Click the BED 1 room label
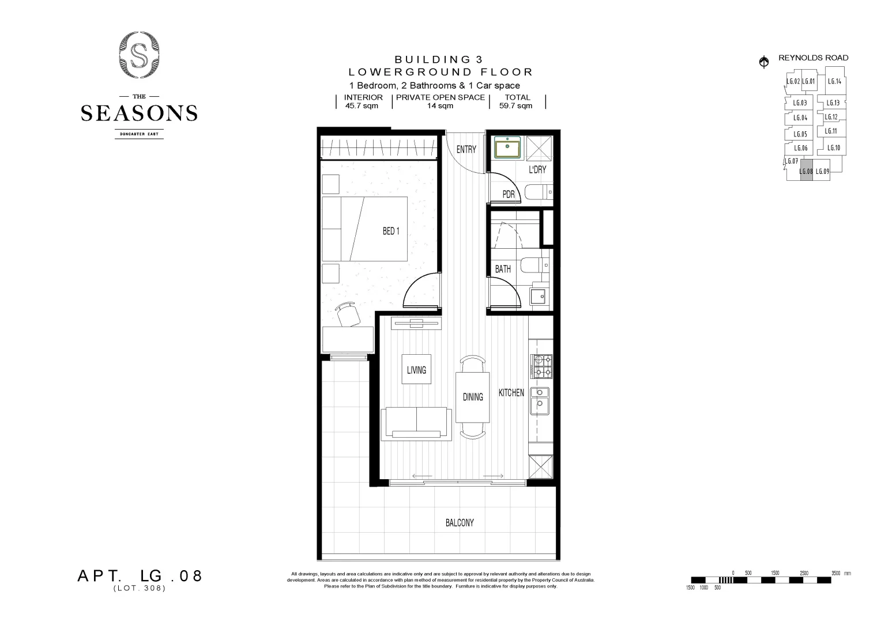click(x=390, y=231)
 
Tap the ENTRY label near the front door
click(x=466, y=149)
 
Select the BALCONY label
click(x=460, y=522)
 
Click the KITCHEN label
click(x=511, y=392)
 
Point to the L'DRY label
click(x=537, y=169)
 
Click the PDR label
click(x=508, y=194)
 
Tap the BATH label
click(x=503, y=269)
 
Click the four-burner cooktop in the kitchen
click(x=541, y=366)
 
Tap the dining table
click(x=473, y=397)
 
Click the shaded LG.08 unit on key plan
click(x=806, y=172)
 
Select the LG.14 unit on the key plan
click(x=834, y=81)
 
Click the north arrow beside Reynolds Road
click(x=764, y=62)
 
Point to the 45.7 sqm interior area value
click(x=362, y=106)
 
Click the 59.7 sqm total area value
click(x=515, y=106)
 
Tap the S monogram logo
click(x=139, y=55)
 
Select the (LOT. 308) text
click(x=140, y=589)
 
